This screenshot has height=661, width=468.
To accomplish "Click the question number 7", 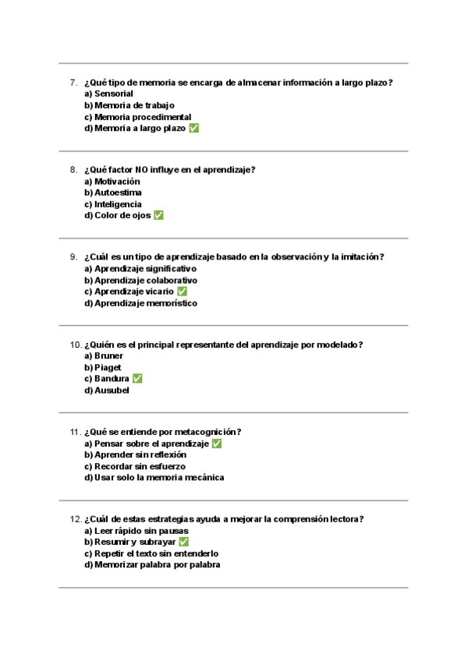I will (73, 83).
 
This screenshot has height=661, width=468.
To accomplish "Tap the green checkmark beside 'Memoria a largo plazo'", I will (194, 129).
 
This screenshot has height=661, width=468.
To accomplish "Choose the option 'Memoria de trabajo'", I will (129, 105).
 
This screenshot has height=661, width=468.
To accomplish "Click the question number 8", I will (73, 170).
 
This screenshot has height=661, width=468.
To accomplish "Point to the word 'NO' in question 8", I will (141, 170).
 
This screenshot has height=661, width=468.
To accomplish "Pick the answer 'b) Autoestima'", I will (113, 193).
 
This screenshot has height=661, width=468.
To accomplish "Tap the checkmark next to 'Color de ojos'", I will (158, 216).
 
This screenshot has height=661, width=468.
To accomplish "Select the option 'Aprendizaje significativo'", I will (140, 269).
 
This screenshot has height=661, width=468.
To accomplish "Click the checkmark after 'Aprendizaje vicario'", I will (182, 292).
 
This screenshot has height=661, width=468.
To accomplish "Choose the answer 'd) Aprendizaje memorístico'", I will (141, 303).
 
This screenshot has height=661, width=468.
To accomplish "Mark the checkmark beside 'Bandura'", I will (137, 379).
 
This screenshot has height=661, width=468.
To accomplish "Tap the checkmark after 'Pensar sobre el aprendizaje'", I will (217, 444).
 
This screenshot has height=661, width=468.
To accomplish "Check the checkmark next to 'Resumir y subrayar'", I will (184, 542).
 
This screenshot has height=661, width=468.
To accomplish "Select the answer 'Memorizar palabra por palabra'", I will (152, 565).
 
